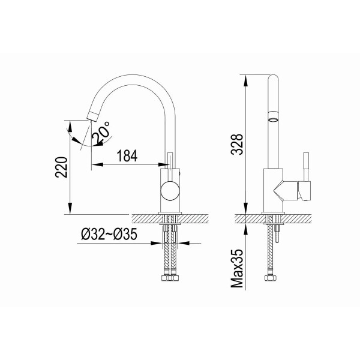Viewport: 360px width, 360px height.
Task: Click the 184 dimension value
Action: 127,156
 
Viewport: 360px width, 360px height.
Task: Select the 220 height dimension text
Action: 62,167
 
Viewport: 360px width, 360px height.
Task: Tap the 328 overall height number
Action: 237,144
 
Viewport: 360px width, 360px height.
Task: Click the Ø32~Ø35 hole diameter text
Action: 109,234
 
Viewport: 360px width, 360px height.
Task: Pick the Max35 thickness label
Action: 237,268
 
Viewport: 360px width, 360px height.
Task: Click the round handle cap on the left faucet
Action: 170,191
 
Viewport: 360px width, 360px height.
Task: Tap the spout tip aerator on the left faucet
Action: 92,116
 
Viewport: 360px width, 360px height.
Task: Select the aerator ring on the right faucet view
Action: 273,116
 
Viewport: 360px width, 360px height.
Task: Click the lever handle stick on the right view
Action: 306,167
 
